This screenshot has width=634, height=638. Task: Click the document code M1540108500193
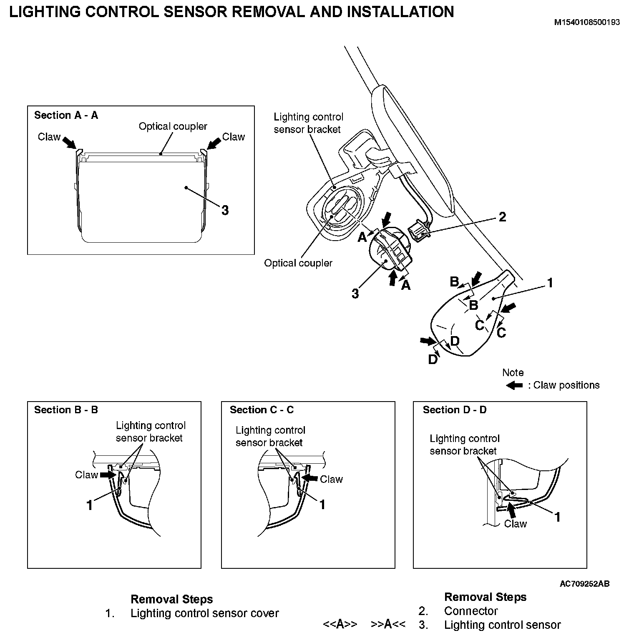coord(586,23)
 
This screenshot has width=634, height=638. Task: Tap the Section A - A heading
coord(66,116)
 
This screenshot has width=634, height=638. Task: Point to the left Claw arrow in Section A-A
coord(70,143)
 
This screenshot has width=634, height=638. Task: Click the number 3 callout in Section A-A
coord(225,210)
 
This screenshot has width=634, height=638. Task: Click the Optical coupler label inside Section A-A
coord(173,126)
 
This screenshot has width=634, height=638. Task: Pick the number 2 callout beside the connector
coord(502,217)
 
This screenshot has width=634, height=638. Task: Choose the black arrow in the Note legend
coord(514,385)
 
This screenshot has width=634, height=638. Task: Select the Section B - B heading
coord(66,410)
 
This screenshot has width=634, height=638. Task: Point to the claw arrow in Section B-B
coord(108,475)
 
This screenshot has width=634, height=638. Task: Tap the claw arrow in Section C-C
coord(309,478)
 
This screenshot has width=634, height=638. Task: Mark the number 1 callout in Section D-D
coord(557,517)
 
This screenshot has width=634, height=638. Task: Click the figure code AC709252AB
coord(584,584)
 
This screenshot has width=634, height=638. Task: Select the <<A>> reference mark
coord(340,624)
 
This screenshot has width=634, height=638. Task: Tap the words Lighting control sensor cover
coord(204,613)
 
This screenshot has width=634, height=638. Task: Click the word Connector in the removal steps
coord(471,611)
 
